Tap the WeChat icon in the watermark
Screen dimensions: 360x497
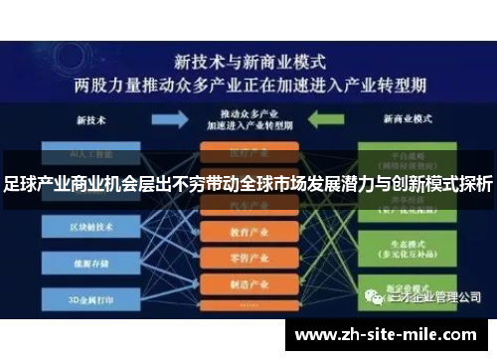point(372,296)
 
